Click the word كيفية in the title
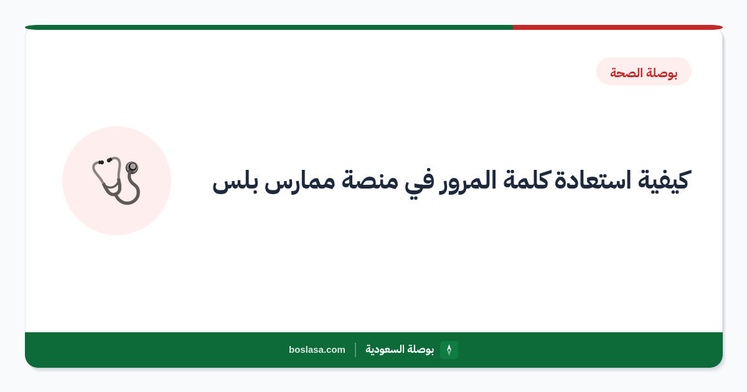tap(664, 180)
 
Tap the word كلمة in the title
tap(527, 179)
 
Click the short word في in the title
tap(418, 183)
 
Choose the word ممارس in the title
tap(300, 184)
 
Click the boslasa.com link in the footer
tap(317, 350)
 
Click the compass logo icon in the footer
tap(449, 350)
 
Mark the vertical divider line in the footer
tap(355, 350)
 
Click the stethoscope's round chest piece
tap(132, 167)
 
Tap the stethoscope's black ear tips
tap(105, 161)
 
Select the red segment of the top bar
tap(618, 27)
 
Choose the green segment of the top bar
tap(269, 27)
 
